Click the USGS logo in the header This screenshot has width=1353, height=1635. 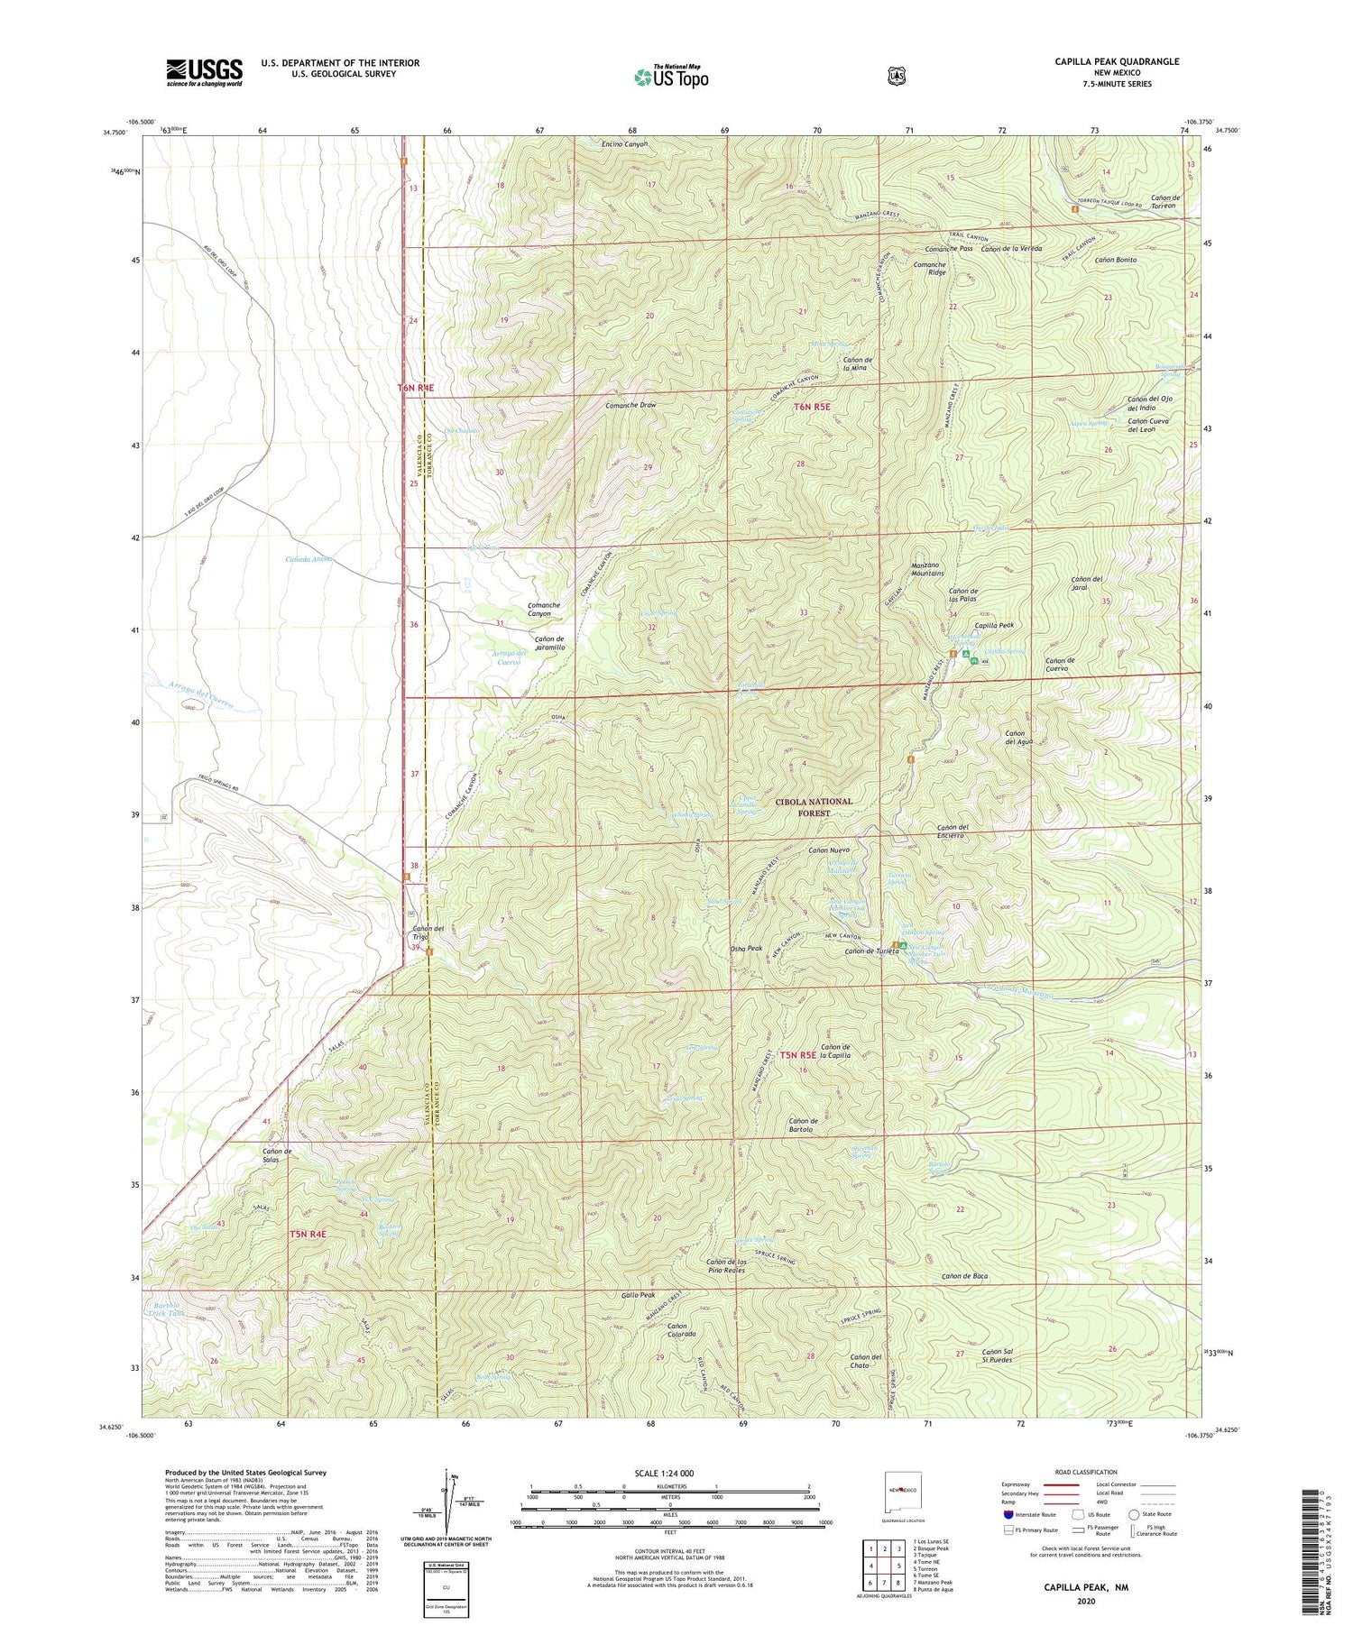(x=204, y=72)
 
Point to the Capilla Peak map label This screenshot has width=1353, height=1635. (x=994, y=625)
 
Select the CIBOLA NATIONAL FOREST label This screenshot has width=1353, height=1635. (x=813, y=806)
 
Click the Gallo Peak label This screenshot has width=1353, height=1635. (x=638, y=1295)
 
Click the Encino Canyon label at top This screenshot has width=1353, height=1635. (x=624, y=144)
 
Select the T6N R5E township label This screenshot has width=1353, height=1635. (x=812, y=407)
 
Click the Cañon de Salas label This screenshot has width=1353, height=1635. (x=277, y=1155)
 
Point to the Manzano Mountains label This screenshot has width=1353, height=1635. (x=921, y=568)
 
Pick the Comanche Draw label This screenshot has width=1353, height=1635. (x=630, y=406)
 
